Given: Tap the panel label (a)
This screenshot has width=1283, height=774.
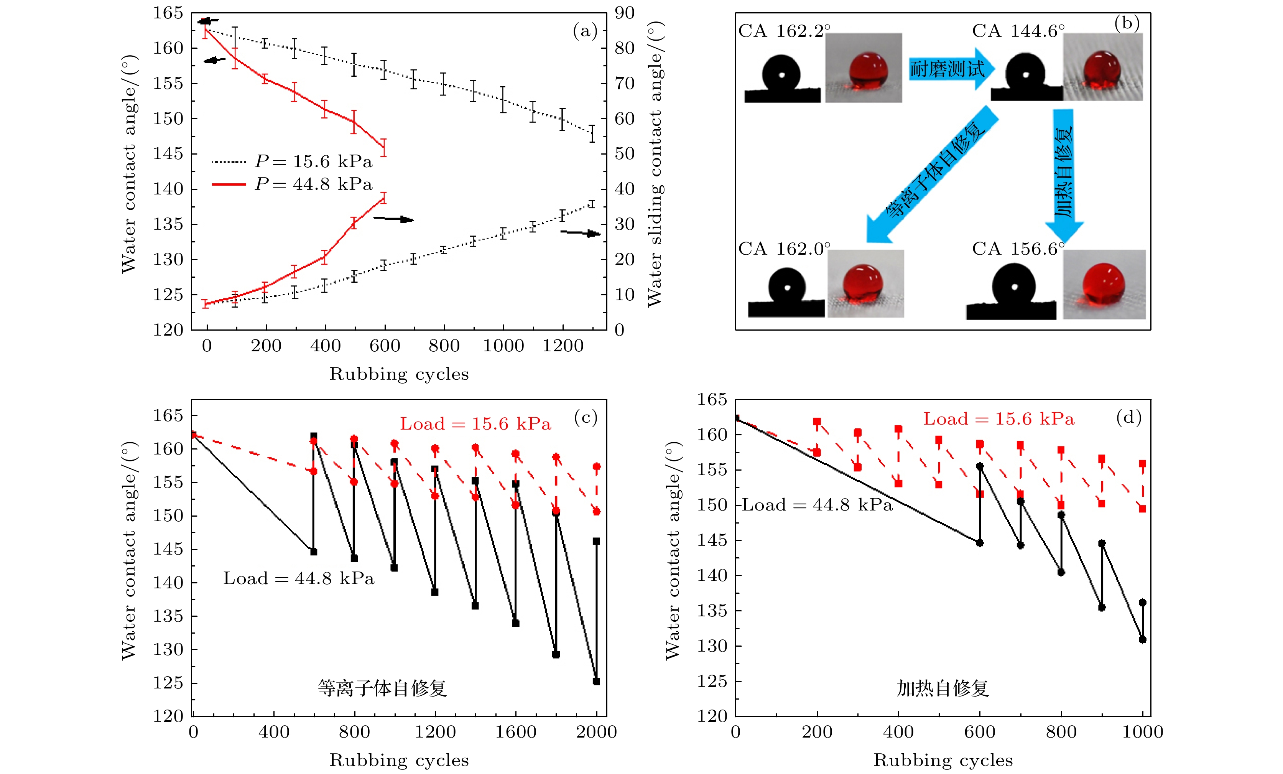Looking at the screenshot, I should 585,31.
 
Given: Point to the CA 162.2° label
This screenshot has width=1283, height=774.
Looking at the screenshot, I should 784,31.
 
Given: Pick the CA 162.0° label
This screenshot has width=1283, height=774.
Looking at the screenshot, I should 784,249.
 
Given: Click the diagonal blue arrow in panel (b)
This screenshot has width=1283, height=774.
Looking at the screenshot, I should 932,175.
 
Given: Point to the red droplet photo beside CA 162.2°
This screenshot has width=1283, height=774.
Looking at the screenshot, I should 863,68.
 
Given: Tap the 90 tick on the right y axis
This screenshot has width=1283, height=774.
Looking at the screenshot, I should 624,13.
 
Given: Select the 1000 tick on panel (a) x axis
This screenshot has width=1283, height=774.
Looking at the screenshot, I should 503,346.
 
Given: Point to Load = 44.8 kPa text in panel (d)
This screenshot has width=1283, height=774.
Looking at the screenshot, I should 816,505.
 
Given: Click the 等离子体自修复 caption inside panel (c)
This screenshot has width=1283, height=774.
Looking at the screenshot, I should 382,688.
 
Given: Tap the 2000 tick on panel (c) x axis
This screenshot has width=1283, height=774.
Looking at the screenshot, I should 596,732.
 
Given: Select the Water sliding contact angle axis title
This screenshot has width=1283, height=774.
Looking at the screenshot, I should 655,164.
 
